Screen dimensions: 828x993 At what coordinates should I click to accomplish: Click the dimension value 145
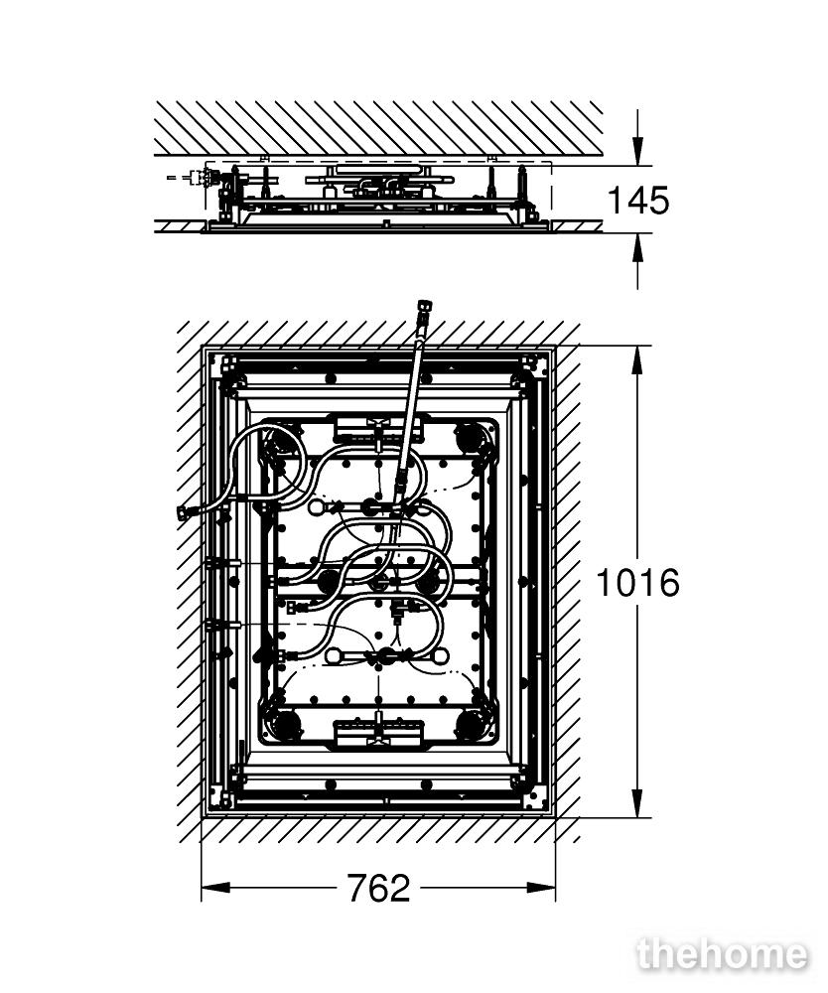(x=637, y=201)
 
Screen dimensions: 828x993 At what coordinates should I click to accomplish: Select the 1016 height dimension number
(x=637, y=583)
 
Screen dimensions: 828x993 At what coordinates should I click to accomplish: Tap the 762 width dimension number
(x=378, y=888)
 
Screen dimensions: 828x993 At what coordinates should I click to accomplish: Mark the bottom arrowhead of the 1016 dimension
(x=638, y=803)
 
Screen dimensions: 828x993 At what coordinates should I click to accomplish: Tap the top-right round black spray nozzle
(x=469, y=437)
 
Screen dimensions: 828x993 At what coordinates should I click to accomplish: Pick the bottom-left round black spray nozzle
(x=286, y=723)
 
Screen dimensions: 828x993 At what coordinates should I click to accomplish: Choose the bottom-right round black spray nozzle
(x=470, y=723)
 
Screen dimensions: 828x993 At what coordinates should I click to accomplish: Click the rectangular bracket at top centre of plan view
(x=377, y=429)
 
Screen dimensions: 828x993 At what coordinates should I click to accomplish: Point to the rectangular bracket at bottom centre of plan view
(x=378, y=731)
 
